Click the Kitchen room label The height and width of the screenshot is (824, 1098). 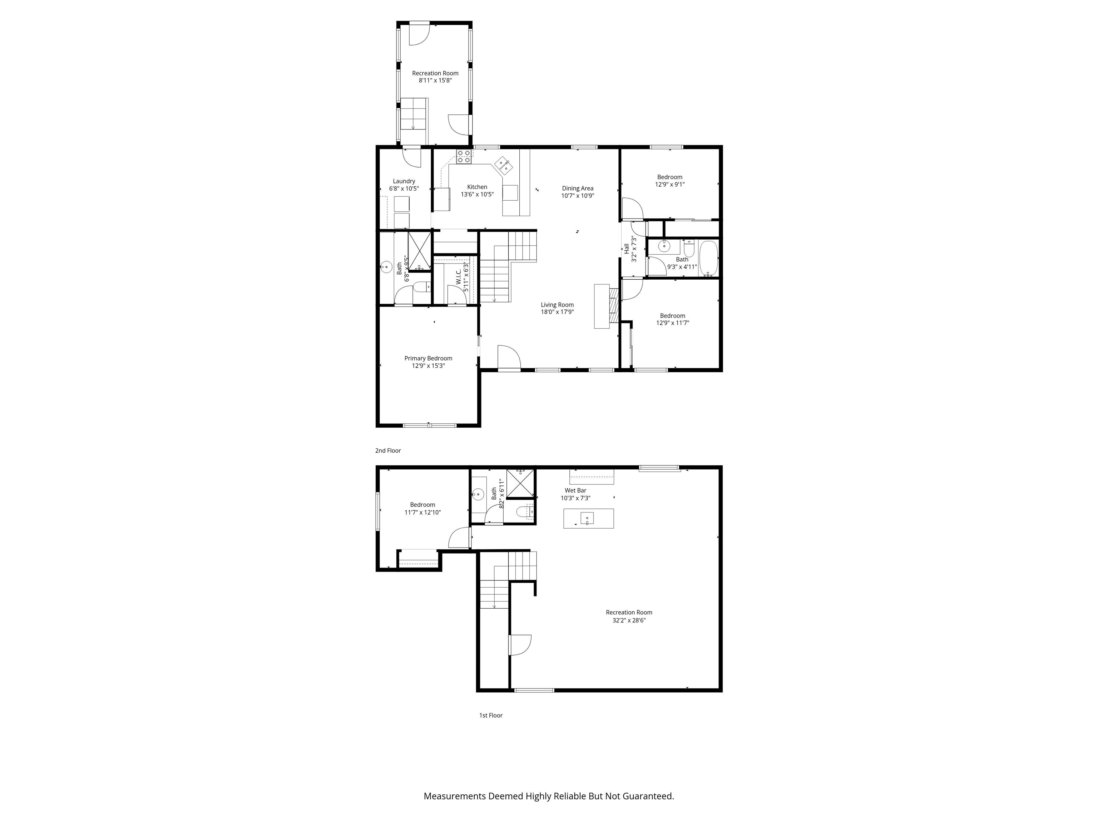[477, 187]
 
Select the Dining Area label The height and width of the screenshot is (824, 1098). [578, 188]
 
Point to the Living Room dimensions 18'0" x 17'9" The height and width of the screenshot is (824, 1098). [558, 312]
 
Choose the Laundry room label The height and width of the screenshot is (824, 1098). [404, 181]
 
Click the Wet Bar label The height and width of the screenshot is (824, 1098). [575, 490]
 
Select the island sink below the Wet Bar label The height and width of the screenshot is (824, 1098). [587, 519]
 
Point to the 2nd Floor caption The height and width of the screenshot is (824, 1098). [388, 451]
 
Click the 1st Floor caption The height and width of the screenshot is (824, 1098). [490, 715]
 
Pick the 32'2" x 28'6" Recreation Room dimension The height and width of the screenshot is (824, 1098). [629, 620]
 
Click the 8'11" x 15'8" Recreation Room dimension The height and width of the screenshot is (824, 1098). [435, 80]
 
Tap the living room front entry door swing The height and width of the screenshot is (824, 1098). [509, 358]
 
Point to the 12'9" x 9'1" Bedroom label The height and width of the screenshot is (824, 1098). [669, 177]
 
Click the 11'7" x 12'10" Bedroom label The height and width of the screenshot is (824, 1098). [422, 505]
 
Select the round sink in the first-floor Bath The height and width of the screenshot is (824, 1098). [478, 494]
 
